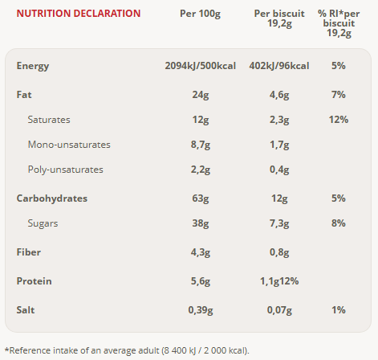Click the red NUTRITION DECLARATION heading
pos(79,14)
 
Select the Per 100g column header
pos(200,14)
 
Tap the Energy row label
pos(33,66)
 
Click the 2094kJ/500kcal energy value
pos(200,66)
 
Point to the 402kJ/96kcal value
pos(279,66)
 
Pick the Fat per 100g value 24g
pos(201,95)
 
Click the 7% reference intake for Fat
pos(339,95)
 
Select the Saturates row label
pos(49,120)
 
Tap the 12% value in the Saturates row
pos(339,120)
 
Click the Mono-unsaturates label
pos(69,145)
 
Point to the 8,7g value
pos(201,145)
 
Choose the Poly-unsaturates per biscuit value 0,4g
pos(279,170)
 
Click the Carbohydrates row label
pos(52,198)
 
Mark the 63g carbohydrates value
pos(201,198)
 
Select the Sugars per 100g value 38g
pos(201,223)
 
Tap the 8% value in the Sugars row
pos(339,223)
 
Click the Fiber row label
pos(29,252)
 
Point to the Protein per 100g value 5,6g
pos(201,281)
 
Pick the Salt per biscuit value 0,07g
pos(279,310)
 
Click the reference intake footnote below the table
pos(127,350)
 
